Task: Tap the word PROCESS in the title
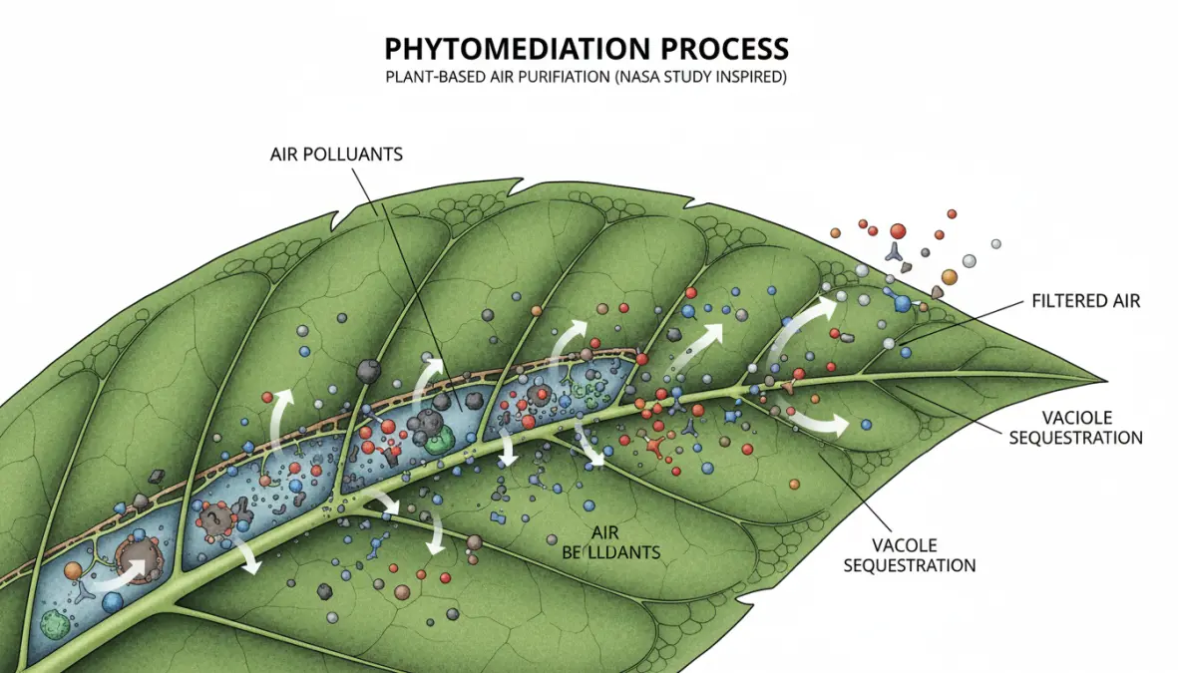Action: tap(726, 48)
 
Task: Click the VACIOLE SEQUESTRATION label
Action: tap(1075, 427)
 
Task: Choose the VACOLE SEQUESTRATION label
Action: tap(909, 555)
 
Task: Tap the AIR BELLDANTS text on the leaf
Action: tap(598, 542)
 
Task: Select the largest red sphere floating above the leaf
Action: tap(898, 230)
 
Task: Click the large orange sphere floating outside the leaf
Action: tap(949, 276)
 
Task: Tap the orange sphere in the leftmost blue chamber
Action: tap(72, 571)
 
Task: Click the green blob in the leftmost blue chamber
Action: tap(53, 625)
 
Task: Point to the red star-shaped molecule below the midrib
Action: tap(655, 449)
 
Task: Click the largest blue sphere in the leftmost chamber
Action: tap(112, 602)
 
